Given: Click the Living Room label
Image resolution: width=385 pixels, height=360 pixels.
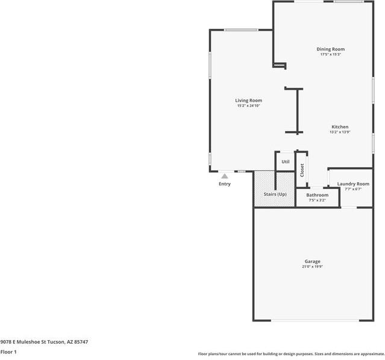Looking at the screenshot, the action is coord(248,101).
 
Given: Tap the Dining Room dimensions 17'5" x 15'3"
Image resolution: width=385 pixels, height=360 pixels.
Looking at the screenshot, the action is coord(331,54).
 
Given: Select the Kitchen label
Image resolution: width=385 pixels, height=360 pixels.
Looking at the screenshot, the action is coord(340,127).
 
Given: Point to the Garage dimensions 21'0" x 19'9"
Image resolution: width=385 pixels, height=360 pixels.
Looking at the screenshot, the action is coord(312,267).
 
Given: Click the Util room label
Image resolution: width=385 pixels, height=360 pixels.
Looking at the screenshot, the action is coord(286,162).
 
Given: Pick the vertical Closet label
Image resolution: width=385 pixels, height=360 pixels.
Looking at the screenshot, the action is coord(302,170).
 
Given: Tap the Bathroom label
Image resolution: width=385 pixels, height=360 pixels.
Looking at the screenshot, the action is coord(318,195).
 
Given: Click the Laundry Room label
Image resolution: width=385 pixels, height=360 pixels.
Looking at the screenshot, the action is coord(353,184).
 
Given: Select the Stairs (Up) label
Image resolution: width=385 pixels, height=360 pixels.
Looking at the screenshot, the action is coord(275,194).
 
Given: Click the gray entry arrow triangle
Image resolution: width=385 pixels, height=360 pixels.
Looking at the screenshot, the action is coord(225,176).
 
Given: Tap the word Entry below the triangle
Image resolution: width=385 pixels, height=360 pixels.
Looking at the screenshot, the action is coord(225,184).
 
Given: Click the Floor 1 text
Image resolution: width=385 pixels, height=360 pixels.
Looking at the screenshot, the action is coord(8,352).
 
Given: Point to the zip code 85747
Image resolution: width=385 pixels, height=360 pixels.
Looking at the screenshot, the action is coord(81,341).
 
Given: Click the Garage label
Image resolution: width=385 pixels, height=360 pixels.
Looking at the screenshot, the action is coord(312,261).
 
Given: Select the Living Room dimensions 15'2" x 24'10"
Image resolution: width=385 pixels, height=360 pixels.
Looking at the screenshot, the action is coord(248,106).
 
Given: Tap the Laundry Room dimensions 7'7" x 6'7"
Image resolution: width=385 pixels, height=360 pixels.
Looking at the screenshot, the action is coord(353,189).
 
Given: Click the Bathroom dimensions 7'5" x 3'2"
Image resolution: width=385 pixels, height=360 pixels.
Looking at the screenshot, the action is coord(318,200).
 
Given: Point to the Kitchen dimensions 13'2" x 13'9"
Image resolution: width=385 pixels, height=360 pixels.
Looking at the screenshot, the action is coord(340,132).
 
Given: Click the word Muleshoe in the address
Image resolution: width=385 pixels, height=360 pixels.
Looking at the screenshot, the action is coord(31,341).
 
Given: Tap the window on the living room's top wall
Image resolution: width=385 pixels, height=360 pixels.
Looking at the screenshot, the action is coord(241,30).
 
